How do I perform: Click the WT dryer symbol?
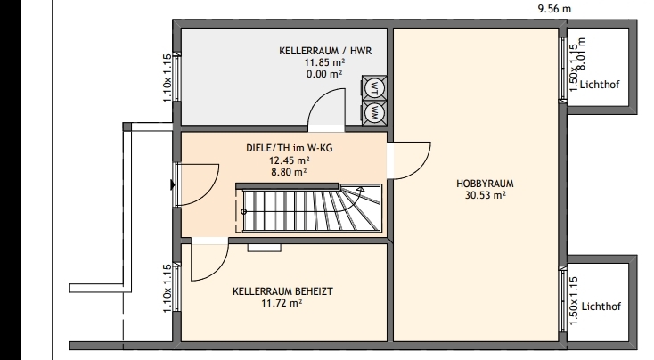click(x=374, y=87)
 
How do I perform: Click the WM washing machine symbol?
click(x=374, y=112)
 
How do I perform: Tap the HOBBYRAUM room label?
click(x=485, y=184)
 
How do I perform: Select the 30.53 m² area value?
click(x=485, y=195)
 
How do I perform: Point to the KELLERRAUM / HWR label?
click(x=325, y=51)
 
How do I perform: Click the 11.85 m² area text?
click(x=324, y=62)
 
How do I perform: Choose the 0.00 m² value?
click(x=324, y=74)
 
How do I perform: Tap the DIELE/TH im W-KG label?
click(x=290, y=148)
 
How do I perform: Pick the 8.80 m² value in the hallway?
click(x=289, y=172)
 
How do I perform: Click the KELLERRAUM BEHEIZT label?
click(x=282, y=291)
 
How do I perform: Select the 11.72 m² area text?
click(x=282, y=303)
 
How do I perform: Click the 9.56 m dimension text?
click(x=555, y=9)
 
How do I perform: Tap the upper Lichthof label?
click(x=600, y=85)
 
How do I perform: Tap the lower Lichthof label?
click(x=601, y=307)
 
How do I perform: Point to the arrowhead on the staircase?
click(x=361, y=190)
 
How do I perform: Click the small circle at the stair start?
click(x=244, y=211)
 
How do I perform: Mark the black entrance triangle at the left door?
click(x=172, y=184)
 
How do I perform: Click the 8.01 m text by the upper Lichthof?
click(x=583, y=53)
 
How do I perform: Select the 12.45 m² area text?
click(x=289, y=160)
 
